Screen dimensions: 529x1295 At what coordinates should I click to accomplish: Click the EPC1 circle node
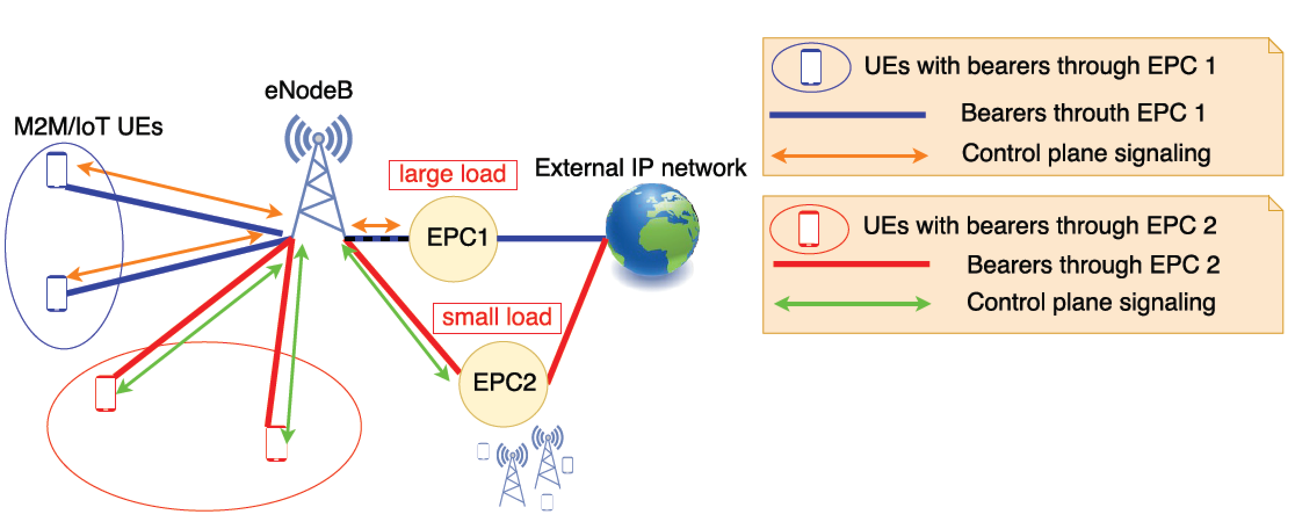tap(453, 238)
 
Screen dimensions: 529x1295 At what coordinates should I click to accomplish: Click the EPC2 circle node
tap(503, 383)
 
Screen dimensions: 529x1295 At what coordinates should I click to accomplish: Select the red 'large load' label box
tap(453, 175)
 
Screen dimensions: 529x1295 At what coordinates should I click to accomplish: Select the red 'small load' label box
tap(497, 318)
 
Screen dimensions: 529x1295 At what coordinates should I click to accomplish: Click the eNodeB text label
tap(308, 91)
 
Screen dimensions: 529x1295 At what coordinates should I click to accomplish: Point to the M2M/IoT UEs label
tap(88, 126)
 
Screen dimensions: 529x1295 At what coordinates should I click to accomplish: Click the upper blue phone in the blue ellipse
tap(57, 170)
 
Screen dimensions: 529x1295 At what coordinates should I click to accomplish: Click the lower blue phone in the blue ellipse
tap(57, 294)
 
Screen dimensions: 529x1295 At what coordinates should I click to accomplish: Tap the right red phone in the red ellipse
tap(276, 444)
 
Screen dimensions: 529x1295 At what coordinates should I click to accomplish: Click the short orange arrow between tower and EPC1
tap(376, 224)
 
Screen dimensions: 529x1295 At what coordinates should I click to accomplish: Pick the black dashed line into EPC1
tap(377, 238)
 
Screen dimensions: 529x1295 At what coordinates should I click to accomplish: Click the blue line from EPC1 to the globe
tap(551, 238)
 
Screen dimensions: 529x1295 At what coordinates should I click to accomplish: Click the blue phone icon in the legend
tap(811, 67)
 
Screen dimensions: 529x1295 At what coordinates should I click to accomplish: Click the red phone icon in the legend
tap(809, 229)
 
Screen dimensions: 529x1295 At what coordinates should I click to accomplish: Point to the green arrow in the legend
tap(852, 303)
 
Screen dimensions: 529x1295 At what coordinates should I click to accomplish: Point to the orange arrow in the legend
tap(849, 155)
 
